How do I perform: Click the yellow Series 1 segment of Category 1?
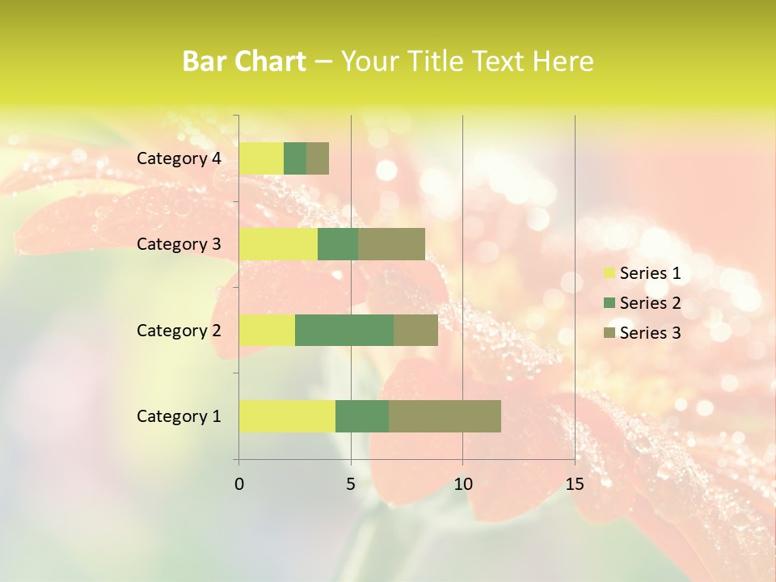click(287, 416)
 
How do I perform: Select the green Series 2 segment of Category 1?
click(362, 416)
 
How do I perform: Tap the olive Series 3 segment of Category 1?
click(445, 416)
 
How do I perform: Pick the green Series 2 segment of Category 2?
click(344, 330)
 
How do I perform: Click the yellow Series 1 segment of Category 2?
click(267, 330)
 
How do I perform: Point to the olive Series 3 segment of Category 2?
click(415, 330)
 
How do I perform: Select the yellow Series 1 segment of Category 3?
click(278, 244)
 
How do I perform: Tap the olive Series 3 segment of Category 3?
click(391, 244)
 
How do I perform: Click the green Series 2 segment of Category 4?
click(295, 158)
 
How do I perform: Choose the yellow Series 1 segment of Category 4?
click(261, 158)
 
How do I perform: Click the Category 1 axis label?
click(179, 416)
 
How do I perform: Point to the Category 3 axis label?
click(179, 244)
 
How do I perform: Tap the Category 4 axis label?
click(179, 158)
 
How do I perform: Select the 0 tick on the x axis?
click(239, 484)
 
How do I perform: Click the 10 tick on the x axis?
click(462, 484)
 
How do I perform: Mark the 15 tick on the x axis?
click(575, 484)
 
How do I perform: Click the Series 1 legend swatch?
click(609, 273)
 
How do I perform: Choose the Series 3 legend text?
click(650, 333)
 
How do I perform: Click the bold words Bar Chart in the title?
click(244, 61)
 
